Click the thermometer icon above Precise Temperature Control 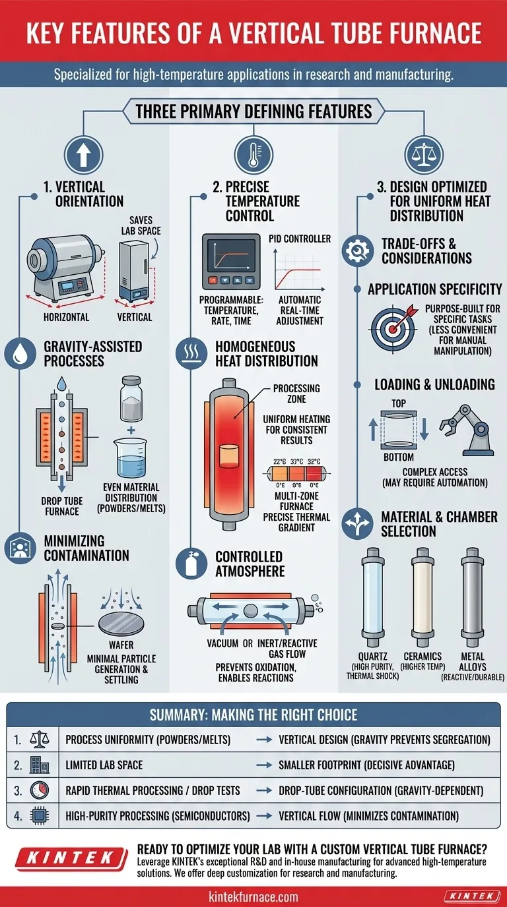click(253, 154)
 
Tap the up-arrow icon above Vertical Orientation click(83, 154)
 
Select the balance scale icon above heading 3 click(423, 154)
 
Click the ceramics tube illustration click(422, 599)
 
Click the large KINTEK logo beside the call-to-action click(64, 860)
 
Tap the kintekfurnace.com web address click(253, 896)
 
